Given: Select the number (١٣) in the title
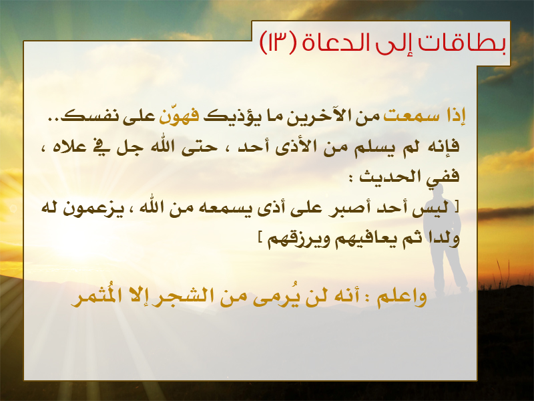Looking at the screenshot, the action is point(278,44).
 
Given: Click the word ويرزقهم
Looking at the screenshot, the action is point(296,239).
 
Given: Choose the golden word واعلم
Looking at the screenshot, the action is point(402,297).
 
